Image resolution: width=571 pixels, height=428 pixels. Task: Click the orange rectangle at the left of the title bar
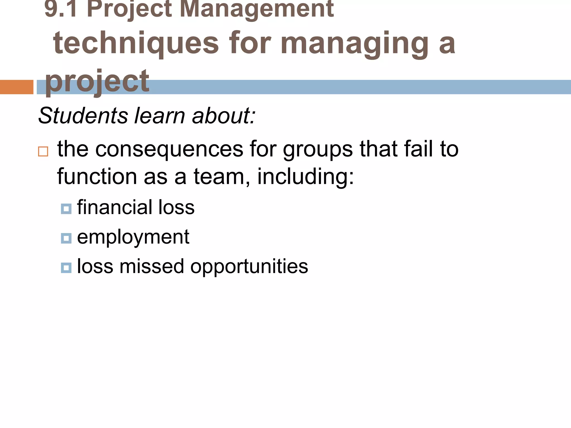click(16, 87)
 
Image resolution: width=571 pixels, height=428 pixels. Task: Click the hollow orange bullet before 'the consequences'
click(43, 152)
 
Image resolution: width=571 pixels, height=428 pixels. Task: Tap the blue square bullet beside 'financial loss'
click(66, 209)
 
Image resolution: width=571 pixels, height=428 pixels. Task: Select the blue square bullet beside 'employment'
click(66, 238)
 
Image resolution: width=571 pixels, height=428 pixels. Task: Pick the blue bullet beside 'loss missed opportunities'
click(66, 268)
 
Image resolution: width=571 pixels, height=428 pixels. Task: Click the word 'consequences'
click(169, 149)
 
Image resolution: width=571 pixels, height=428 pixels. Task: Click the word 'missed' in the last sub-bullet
click(152, 266)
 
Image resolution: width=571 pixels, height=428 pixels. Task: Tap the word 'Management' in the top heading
click(257, 9)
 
